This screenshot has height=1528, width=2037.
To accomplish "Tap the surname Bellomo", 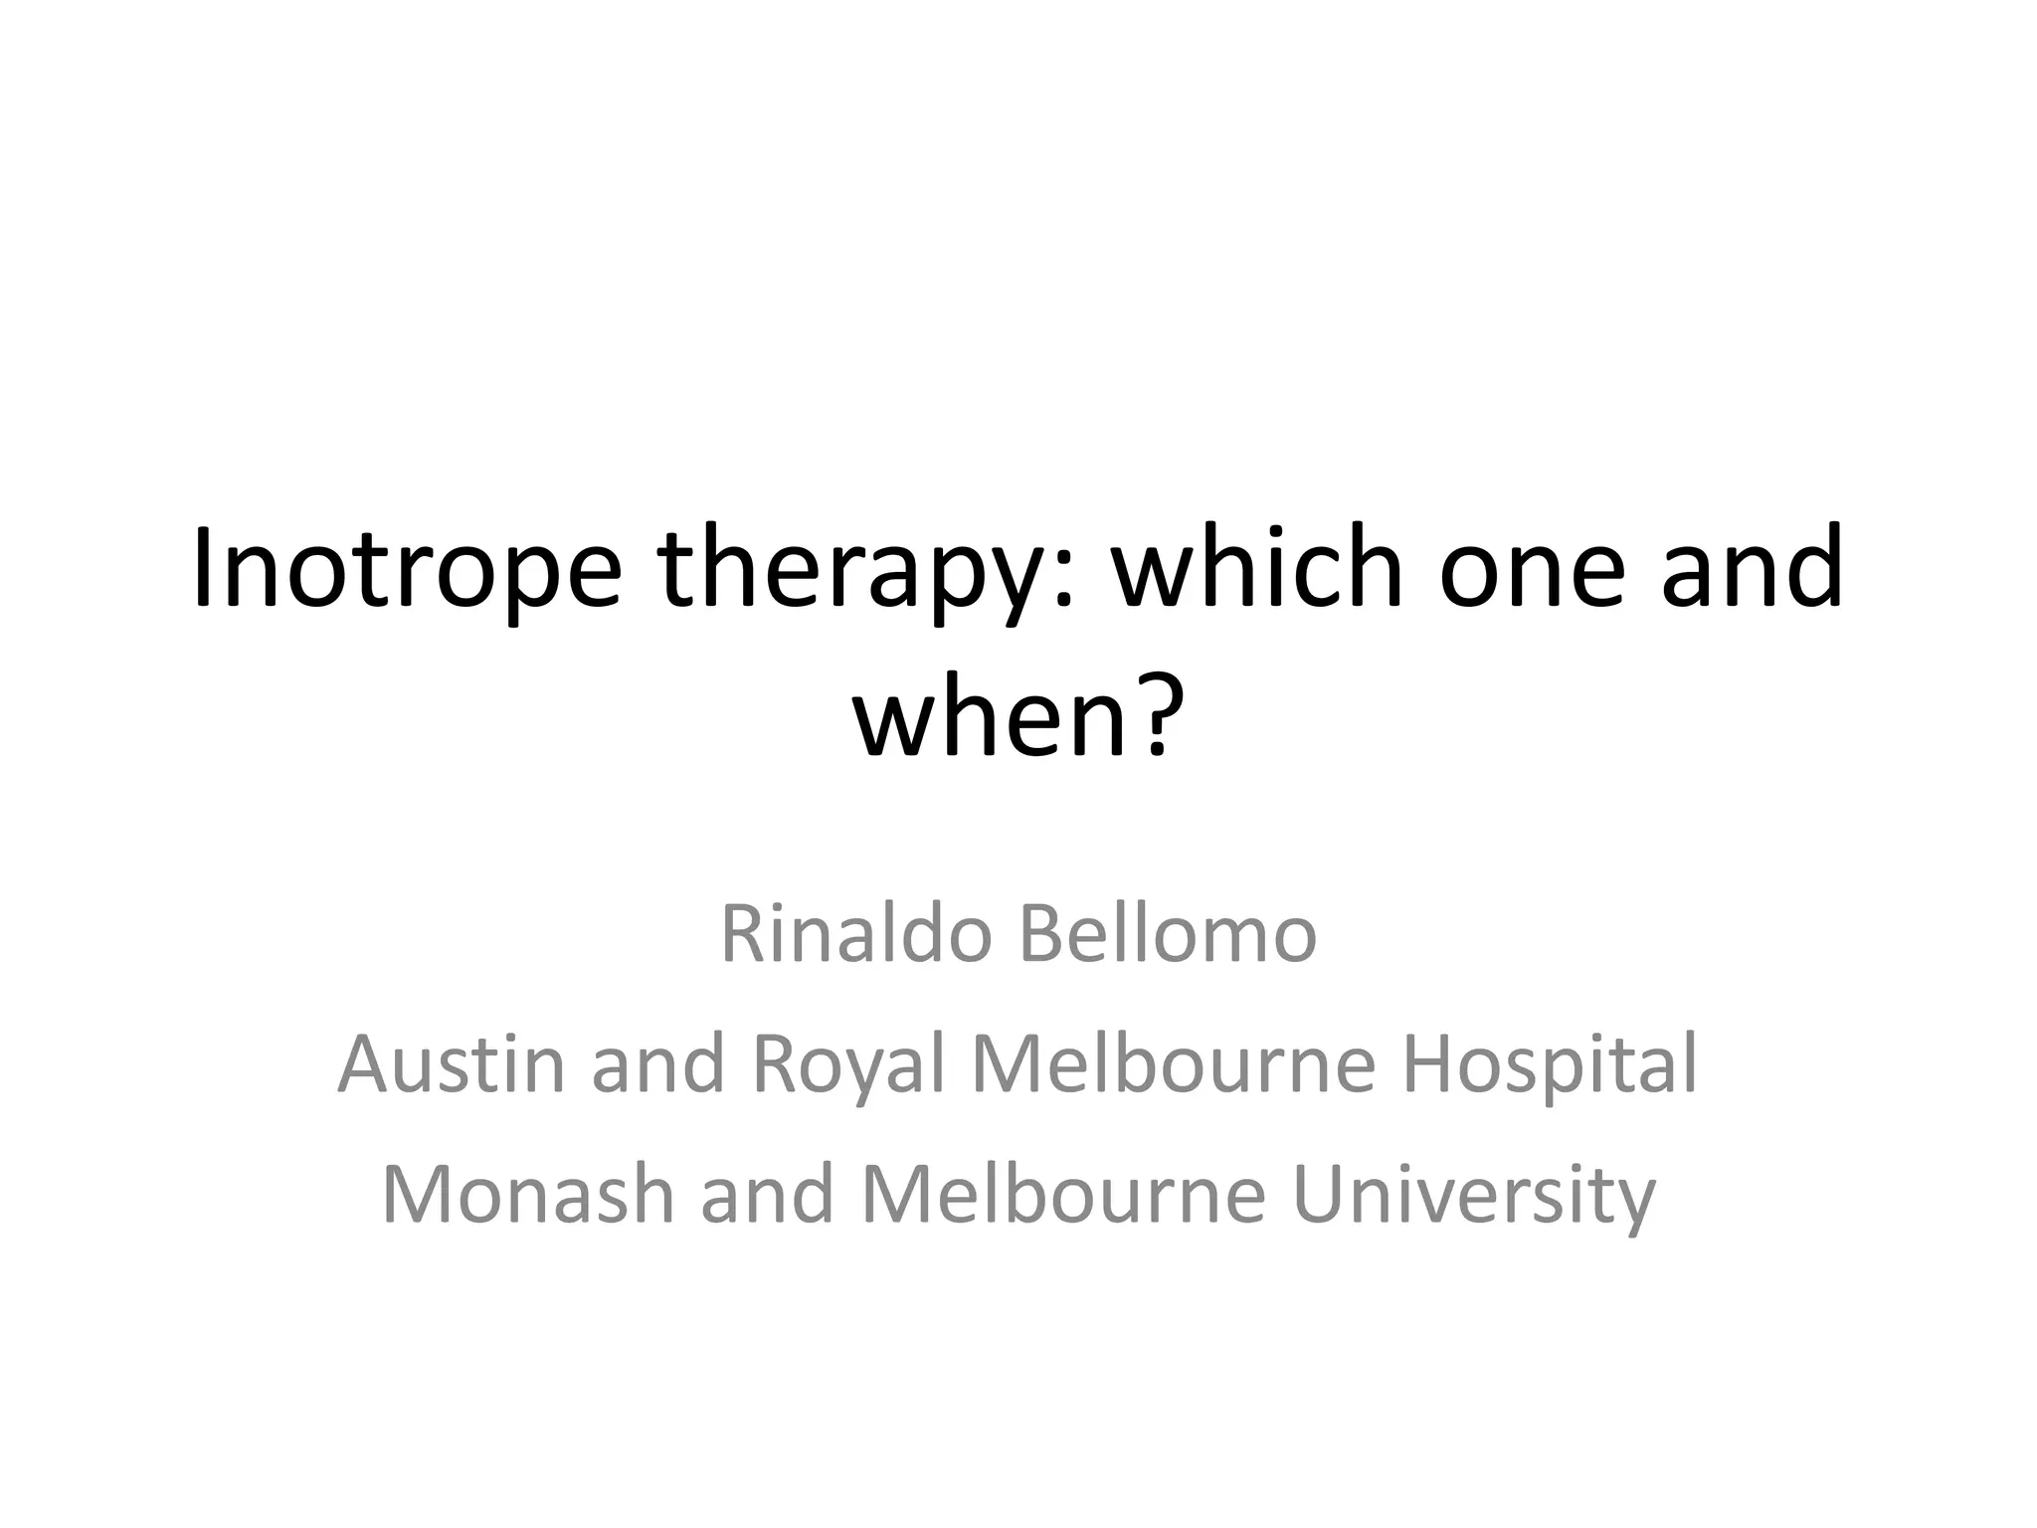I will [x=1168, y=935].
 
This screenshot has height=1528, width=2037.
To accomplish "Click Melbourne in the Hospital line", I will [x=1174, y=1064].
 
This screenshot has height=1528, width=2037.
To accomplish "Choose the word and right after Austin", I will [x=658, y=1064].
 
